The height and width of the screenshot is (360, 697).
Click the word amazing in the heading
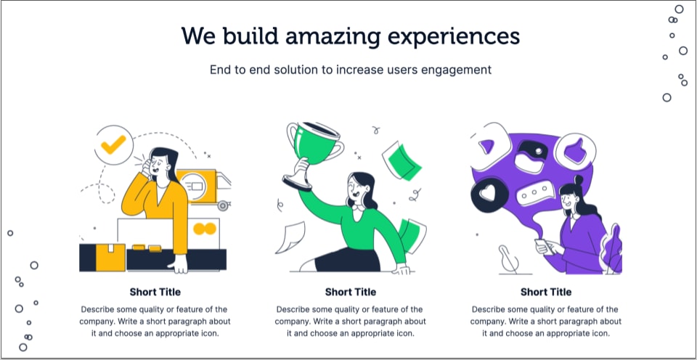click(x=332, y=36)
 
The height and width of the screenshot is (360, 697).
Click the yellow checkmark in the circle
click(x=113, y=144)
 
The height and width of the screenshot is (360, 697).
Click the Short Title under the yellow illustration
click(x=155, y=292)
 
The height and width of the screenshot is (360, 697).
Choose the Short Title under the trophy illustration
click(x=350, y=292)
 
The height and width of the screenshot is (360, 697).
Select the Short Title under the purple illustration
click(x=546, y=292)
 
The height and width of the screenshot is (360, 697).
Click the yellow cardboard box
click(x=110, y=258)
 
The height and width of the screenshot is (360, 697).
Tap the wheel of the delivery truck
click(x=223, y=205)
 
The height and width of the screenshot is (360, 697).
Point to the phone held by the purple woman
click(x=545, y=246)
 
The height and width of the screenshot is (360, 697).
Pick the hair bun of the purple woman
click(x=579, y=180)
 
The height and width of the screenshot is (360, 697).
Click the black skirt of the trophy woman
click(x=348, y=260)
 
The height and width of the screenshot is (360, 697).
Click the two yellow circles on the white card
click(x=205, y=229)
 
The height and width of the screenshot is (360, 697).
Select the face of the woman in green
click(x=356, y=188)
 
